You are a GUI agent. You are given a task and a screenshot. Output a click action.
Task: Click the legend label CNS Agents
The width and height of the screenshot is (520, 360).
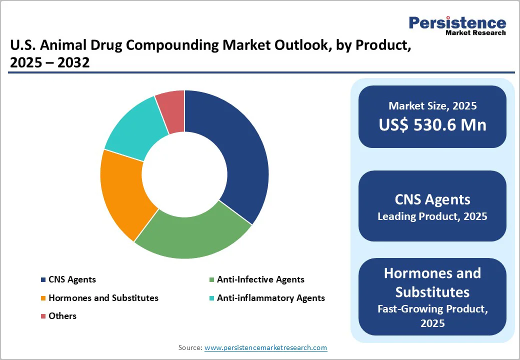click(72, 279)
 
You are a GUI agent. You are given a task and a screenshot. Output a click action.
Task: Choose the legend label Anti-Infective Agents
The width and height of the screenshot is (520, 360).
click(260, 279)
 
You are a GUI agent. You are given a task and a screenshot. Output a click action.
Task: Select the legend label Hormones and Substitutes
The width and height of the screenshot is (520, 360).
click(103, 298)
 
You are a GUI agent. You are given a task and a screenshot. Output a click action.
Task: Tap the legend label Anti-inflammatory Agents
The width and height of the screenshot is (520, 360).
click(270, 298)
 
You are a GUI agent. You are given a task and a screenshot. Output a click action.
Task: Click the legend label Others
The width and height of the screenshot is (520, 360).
click(62, 316)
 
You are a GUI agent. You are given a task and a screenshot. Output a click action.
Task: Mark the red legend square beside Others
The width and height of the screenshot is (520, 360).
click(43, 316)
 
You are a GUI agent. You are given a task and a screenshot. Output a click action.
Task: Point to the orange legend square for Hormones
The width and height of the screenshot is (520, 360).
click(43, 298)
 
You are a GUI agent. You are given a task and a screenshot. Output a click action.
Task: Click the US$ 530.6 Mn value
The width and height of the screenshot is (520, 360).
click(432, 124)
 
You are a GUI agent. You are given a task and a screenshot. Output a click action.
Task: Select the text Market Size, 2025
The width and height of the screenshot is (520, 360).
click(432, 105)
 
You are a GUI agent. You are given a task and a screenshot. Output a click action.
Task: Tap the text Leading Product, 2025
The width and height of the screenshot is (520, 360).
click(432, 216)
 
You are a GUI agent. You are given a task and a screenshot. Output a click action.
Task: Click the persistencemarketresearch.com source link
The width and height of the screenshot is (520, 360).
click(265, 347)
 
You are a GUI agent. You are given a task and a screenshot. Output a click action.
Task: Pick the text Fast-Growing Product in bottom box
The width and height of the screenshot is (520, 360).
click(432, 308)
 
